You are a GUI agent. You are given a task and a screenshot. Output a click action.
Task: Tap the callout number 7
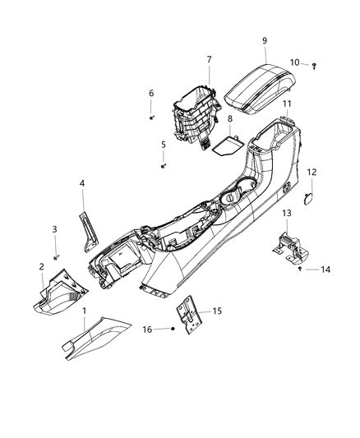(209, 59)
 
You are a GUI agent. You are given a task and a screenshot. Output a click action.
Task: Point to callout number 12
(312, 172)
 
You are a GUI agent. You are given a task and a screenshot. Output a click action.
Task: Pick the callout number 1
(83, 311)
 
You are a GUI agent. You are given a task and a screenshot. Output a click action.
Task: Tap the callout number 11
(288, 104)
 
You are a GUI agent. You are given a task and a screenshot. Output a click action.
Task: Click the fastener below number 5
(164, 166)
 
